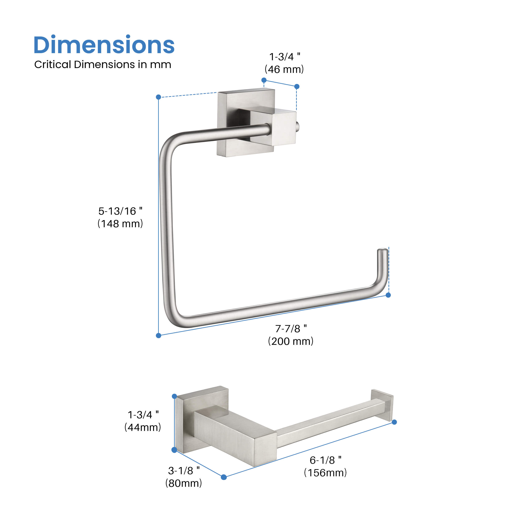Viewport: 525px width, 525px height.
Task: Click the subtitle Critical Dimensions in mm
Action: pos(102,65)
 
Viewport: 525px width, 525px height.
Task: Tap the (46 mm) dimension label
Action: pos(284,70)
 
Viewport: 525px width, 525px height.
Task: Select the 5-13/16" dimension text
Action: pos(120,211)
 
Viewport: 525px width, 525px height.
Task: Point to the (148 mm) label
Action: pos(120,224)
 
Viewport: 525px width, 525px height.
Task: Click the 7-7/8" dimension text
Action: pos(291,329)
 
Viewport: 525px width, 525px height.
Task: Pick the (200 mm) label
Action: pos(291,341)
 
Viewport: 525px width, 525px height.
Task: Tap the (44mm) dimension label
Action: pos(143,427)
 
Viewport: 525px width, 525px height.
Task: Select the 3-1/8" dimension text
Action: pos(184,471)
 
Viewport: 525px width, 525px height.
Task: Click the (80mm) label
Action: pos(184,483)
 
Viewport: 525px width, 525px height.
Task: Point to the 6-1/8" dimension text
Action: pos(325,460)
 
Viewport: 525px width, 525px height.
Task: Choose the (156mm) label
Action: pos(325,473)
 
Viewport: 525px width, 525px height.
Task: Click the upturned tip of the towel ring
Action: pos(382,255)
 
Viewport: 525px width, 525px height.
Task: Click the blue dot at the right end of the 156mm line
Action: pos(394,422)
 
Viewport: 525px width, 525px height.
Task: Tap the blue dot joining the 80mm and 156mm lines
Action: pos(224,477)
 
